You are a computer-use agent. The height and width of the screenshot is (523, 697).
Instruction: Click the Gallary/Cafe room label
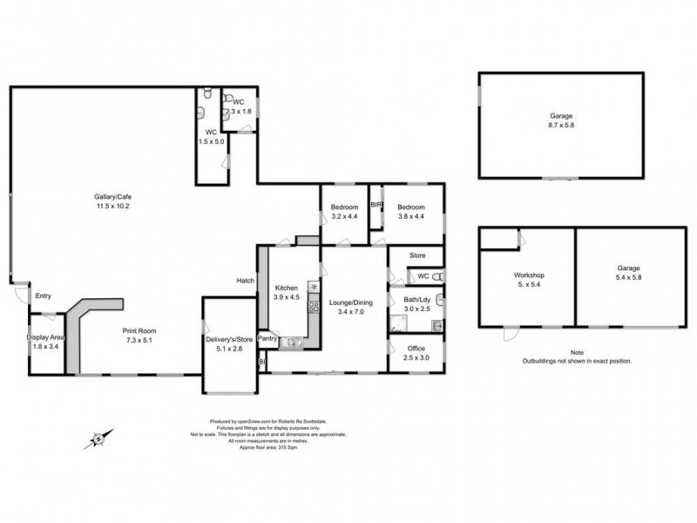(x=113, y=197)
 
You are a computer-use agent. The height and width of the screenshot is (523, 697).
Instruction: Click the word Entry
(x=44, y=296)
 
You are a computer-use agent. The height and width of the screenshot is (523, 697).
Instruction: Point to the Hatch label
(x=245, y=281)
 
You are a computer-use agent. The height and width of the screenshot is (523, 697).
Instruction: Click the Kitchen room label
(x=288, y=289)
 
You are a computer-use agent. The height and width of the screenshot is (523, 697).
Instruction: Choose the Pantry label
(x=267, y=338)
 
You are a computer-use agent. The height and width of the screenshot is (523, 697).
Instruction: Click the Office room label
(x=415, y=349)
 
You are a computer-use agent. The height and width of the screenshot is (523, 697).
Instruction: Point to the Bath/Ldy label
(x=415, y=301)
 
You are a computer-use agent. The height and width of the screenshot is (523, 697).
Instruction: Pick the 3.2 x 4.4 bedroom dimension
(x=344, y=216)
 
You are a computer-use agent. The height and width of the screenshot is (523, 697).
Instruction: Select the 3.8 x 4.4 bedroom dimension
(x=410, y=216)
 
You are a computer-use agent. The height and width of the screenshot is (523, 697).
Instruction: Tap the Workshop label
(x=527, y=275)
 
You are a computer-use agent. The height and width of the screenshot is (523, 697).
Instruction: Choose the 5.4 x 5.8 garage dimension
(x=629, y=277)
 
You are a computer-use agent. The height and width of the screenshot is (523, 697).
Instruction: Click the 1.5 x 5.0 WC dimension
(x=212, y=140)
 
